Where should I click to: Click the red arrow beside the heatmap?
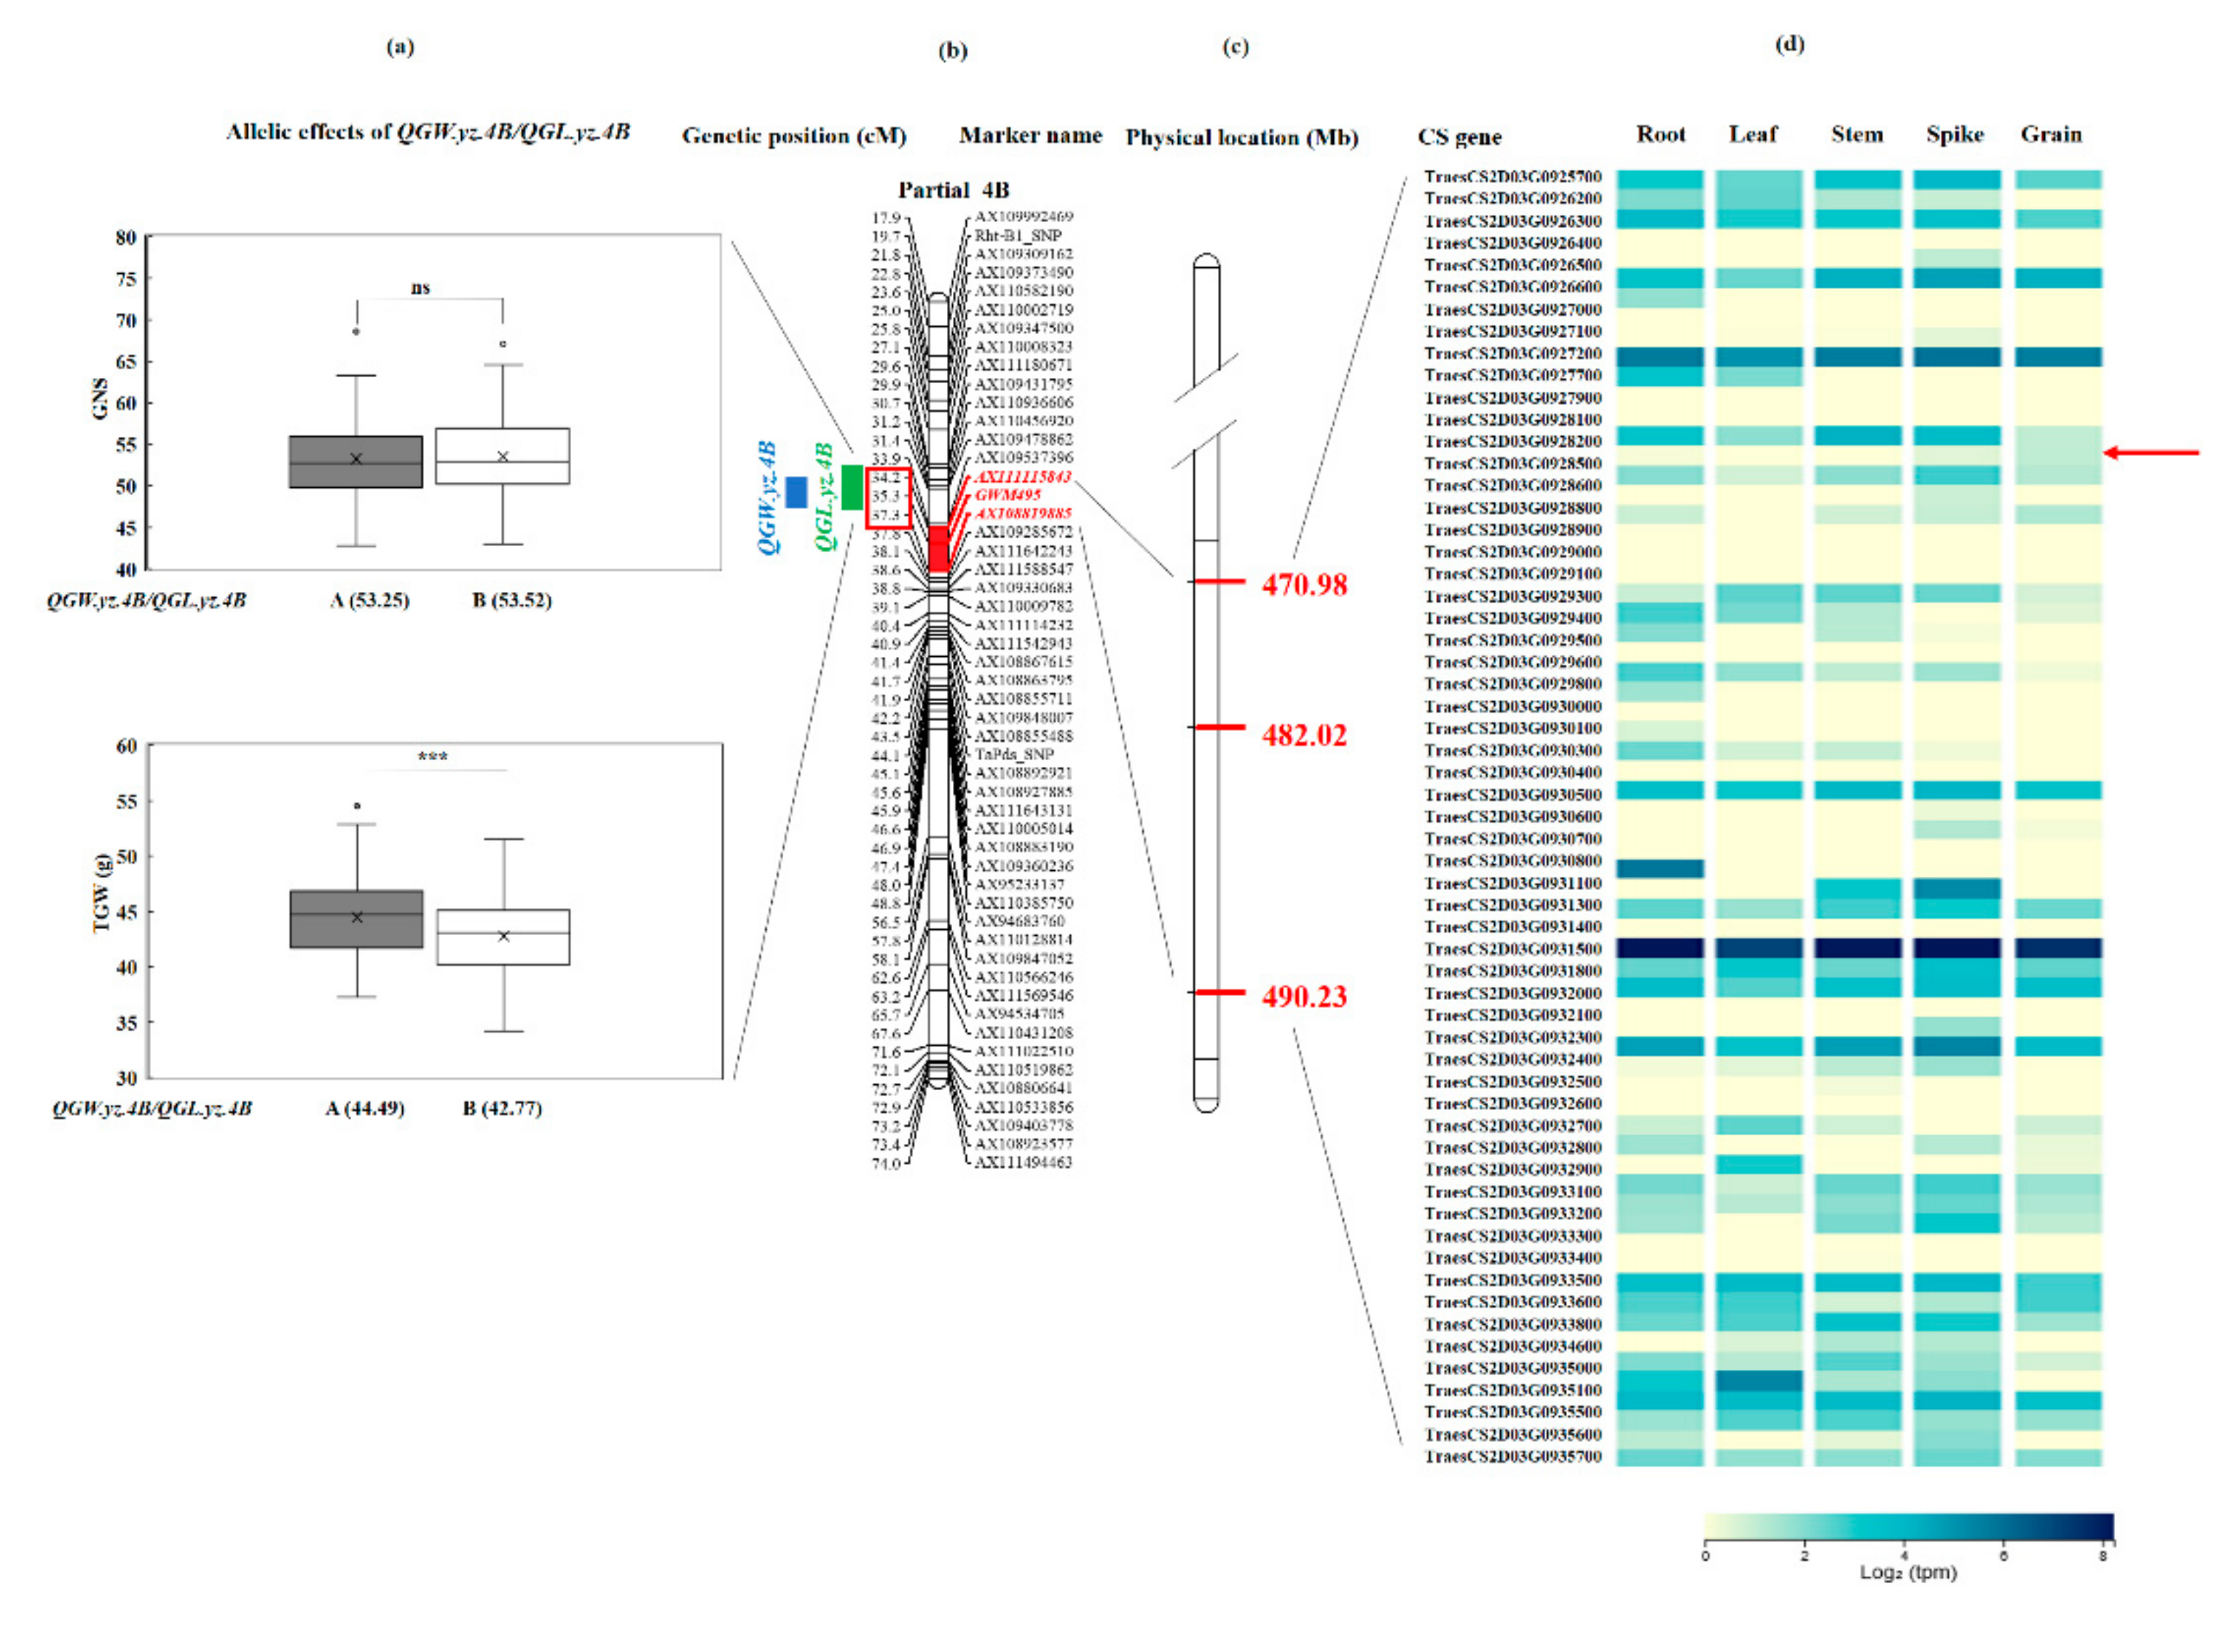(2151, 453)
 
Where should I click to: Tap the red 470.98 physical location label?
(1304, 585)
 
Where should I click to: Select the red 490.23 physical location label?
(1304, 997)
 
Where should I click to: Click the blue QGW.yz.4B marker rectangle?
(796, 492)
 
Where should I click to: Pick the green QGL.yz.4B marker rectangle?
(852, 488)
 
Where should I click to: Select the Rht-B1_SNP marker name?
(1017, 236)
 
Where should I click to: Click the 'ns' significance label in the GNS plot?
(420, 288)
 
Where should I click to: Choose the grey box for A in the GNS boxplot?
(356, 462)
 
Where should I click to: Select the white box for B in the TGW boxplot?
(503, 937)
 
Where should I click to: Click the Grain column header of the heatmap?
(2051, 135)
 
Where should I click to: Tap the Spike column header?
(1954, 135)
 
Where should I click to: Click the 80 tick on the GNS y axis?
(125, 238)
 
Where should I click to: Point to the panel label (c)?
(1235, 47)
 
